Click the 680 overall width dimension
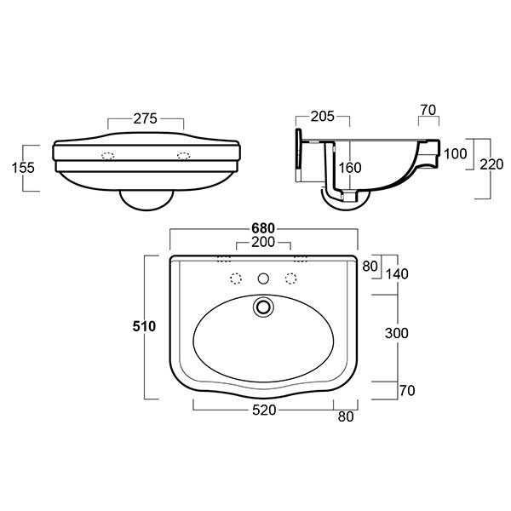[262, 229]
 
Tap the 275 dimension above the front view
[145, 119]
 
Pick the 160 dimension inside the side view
[352, 168]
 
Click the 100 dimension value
[456, 153]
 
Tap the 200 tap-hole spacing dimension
[262, 244]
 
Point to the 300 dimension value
[396, 334]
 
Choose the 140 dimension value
[397, 274]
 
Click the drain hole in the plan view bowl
[263, 304]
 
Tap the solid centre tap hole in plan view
[263, 278]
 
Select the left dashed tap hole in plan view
[235, 278]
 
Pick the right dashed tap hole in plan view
[291, 278]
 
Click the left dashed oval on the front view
[107, 155]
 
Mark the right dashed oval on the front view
[182, 155]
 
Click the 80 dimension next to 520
[346, 417]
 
